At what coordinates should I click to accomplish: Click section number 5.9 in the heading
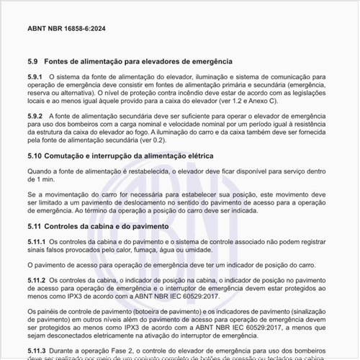[32, 62]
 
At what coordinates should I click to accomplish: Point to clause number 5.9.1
[35, 76]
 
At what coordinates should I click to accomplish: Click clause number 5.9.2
[35, 116]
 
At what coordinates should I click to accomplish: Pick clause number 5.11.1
[37, 240]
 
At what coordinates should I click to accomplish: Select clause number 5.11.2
[37, 279]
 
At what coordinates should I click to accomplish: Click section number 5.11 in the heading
[34, 226]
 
